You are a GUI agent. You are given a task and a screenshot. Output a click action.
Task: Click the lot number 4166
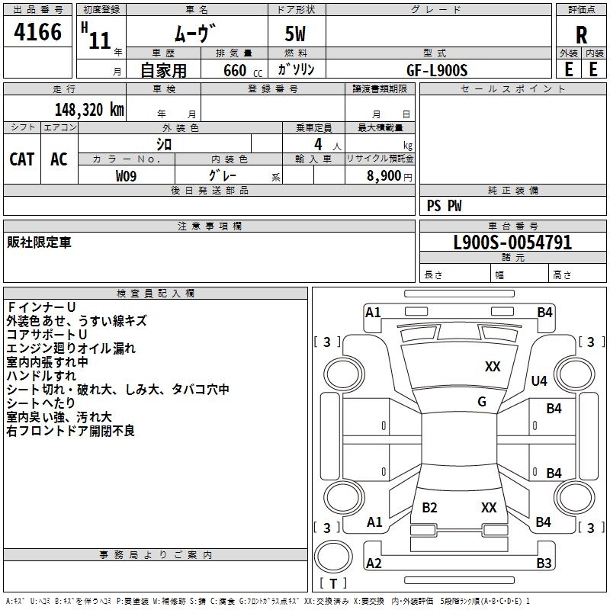(38, 33)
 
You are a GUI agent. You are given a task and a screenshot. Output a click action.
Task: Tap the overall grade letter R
(582, 36)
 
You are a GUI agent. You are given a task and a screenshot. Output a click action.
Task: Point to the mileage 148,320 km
(89, 109)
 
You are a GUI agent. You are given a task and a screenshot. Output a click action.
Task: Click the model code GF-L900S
(437, 69)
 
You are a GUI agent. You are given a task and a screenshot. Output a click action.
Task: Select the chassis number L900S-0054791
(512, 243)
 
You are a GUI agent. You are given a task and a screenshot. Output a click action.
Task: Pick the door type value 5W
(296, 35)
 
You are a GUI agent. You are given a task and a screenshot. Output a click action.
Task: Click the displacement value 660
(234, 70)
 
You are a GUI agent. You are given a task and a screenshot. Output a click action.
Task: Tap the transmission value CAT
(22, 159)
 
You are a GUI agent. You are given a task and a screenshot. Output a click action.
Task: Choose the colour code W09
(127, 176)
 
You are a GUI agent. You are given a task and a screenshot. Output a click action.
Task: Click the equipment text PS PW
(444, 206)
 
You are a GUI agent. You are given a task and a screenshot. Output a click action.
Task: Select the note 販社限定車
(39, 242)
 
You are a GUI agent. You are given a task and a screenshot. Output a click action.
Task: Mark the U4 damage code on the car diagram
(539, 380)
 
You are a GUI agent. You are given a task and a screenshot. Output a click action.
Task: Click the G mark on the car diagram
(482, 402)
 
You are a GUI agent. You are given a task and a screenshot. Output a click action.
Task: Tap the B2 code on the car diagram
(429, 508)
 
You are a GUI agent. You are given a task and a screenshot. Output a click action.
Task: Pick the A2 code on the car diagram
(374, 563)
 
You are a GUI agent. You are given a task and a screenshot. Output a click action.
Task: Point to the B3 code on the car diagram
(544, 563)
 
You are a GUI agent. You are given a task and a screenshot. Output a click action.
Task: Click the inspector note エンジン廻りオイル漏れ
(71, 348)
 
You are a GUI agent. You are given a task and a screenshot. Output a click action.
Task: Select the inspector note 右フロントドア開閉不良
(71, 431)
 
